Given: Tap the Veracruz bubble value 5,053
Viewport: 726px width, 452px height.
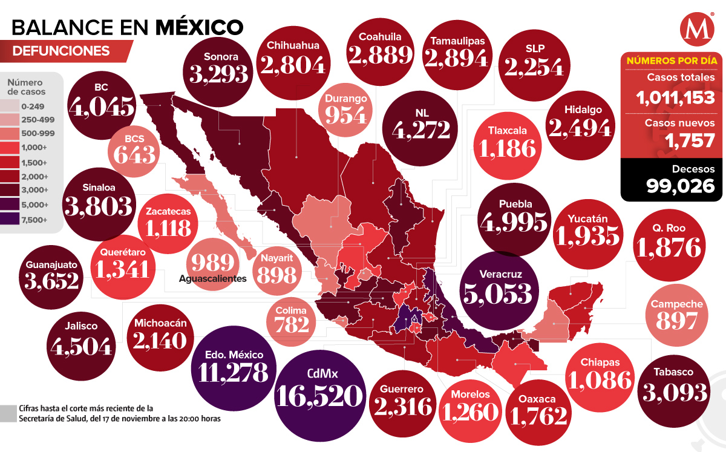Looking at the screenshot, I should click(497, 293).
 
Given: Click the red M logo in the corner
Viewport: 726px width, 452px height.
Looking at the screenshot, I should click(694, 31).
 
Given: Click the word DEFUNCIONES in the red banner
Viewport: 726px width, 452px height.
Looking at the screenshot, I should click(61, 51).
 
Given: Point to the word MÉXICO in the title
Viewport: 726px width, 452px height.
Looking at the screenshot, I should click(199, 26).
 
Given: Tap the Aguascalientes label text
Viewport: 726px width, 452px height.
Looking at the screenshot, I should click(213, 279).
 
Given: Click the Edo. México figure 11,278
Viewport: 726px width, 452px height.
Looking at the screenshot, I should click(229, 372).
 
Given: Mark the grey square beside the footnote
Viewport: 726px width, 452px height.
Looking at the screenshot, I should click(8, 413).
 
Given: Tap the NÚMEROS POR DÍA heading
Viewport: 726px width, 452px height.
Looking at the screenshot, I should click(672, 61).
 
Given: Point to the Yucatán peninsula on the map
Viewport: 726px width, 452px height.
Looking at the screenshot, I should click(575, 303).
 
